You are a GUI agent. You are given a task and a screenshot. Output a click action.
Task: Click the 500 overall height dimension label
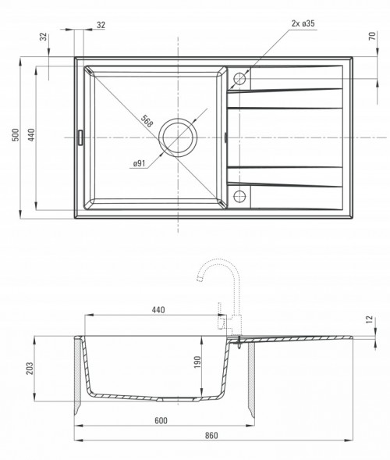click(x=15, y=135)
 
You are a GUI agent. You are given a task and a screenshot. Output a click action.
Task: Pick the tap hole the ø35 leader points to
click(x=239, y=78)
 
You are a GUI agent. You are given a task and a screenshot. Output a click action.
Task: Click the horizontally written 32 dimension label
click(x=101, y=25)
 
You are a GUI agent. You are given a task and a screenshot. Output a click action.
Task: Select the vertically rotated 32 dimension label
click(x=44, y=37)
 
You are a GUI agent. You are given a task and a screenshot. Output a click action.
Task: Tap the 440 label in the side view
click(x=158, y=308)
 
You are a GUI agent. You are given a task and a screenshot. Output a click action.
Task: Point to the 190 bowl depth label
click(x=198, y=361)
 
